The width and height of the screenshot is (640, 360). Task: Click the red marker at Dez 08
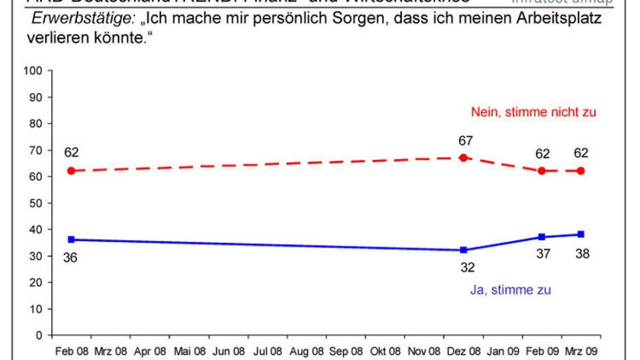463,158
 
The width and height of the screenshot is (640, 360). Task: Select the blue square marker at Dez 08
463,250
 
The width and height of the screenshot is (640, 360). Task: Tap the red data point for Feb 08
71,171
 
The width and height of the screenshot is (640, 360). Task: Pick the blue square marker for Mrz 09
581,234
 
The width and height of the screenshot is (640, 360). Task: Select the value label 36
71,257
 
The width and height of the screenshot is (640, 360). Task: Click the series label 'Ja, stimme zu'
510,290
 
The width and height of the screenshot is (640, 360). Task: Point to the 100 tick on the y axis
38,71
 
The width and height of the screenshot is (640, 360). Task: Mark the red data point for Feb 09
542,171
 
